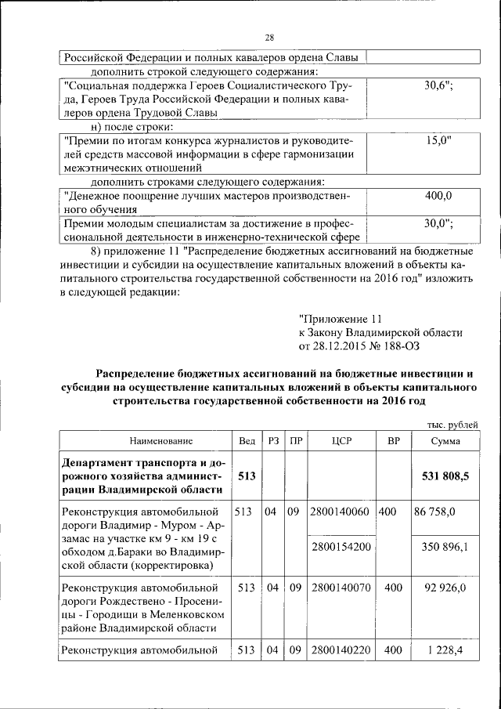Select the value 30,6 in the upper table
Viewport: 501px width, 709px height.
tap(439, 85)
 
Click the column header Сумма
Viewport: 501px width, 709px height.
tap(445, 441)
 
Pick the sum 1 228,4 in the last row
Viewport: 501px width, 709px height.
tap(446, 649)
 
